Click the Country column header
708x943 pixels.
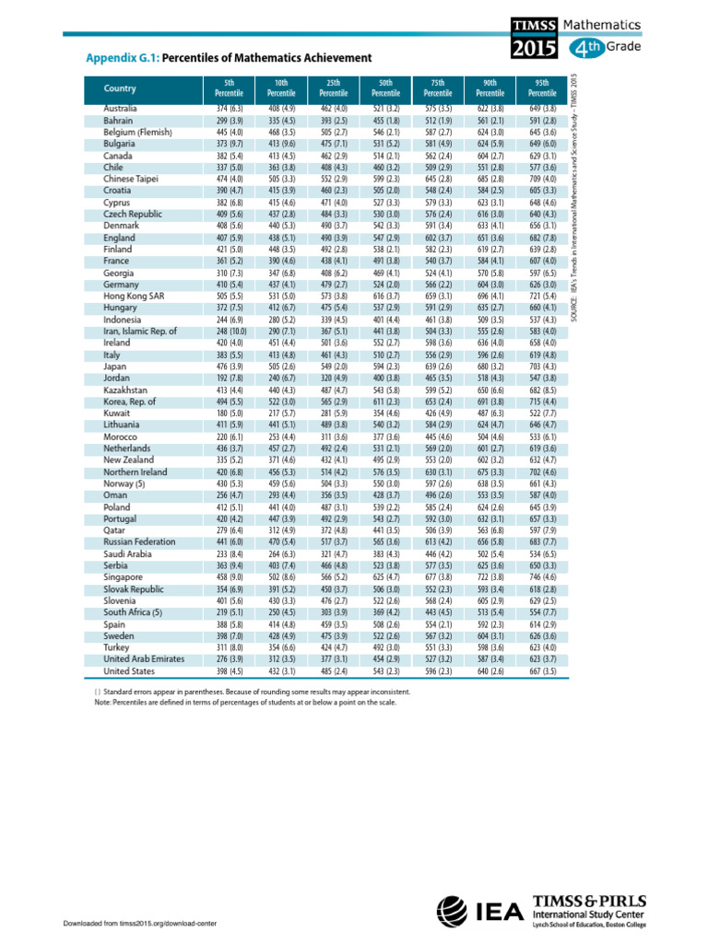(120, 89)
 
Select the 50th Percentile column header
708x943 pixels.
(385, 88)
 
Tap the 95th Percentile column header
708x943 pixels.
(543, 88)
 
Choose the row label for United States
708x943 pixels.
(131, 671)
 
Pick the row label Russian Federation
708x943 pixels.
(138, 542)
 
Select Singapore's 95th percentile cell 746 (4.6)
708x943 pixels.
(543, 577)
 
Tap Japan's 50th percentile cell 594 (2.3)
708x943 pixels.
(385, 367)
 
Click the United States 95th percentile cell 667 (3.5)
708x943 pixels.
(543, 671)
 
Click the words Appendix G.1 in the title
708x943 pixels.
(122, 57)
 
